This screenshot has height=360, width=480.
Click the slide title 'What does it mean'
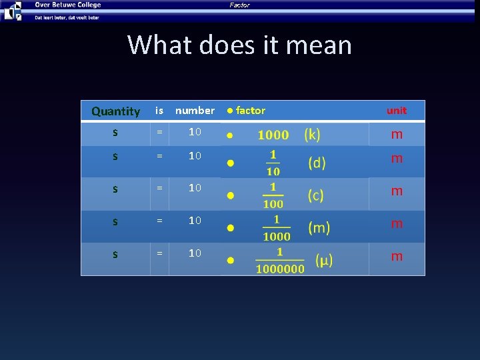pos(239,45)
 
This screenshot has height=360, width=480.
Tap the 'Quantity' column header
pos(115,111)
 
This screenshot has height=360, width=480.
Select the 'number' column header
pos(195,111)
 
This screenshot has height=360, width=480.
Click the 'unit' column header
pos(397,111)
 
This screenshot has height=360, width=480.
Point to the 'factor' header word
pos(251,111)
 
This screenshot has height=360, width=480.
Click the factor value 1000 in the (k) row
pos(273,135)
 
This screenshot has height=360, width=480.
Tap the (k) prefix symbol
pos(312,135)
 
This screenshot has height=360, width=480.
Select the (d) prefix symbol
pos(317,163)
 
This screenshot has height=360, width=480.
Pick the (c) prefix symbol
pos(316,195)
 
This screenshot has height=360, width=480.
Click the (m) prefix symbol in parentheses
pos(319,228)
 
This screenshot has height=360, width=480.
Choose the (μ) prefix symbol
pos(324,259)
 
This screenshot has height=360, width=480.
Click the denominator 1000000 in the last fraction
pos(280,269)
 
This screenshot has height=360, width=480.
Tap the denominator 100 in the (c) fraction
pos(273,204)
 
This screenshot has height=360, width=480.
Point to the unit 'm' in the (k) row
pos(397,135)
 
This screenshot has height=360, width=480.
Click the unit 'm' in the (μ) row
pos(397,257)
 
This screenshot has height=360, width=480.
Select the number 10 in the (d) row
pos(195,156)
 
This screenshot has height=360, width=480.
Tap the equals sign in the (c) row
pos(159,189)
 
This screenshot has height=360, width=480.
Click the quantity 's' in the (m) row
pos(115,221)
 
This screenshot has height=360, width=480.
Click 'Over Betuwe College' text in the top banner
pos(68,5)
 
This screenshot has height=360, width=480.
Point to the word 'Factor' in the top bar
pos(239,5)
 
